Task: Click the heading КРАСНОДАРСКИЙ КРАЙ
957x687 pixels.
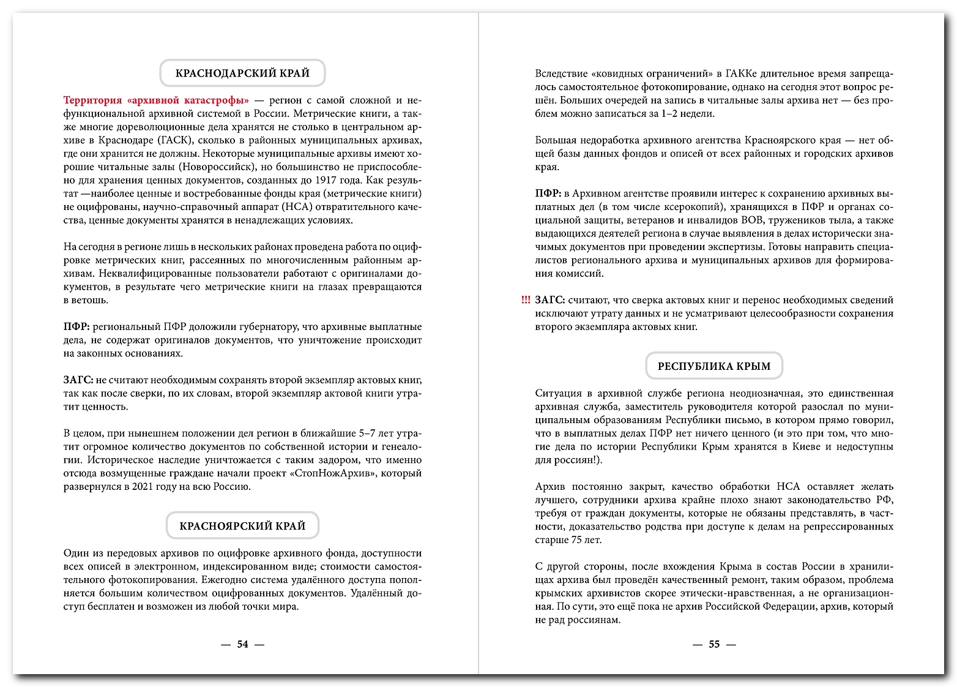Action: (242, 73)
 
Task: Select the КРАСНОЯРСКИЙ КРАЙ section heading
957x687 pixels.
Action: (242, 526)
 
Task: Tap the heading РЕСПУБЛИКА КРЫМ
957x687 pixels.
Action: (714, 366)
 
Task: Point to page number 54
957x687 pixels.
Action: (243, 644)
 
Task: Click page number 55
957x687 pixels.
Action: (714, 644)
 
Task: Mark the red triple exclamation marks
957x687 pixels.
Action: (526, 300)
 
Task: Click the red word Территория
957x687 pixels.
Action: (92, 100)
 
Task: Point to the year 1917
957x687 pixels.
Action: (329, 181)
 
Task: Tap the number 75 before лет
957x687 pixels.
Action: (577, 540)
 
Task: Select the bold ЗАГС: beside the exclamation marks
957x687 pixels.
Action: (549, 300)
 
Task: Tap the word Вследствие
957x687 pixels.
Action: (560, 74)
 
